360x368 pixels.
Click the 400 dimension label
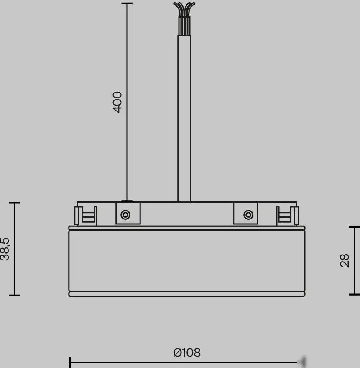point(117,102)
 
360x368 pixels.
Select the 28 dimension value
point(345,260)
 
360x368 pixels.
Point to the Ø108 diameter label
point(187,353)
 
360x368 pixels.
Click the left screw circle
point(125,215)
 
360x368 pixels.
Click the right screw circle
point(248,215)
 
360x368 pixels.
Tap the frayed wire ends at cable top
point(184,8)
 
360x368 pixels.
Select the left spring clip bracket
point(86,215)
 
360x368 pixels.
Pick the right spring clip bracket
point(287,215)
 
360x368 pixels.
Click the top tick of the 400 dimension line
point(127,3)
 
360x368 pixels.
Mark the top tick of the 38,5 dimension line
point(14,203)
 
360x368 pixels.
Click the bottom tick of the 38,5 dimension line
point(14,295)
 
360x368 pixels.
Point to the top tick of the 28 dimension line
point(354,227)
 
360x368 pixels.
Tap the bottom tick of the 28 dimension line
point(354,294)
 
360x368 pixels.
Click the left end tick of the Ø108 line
point(70,361)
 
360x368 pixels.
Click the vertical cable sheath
point(184,117)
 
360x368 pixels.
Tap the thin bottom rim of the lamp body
point(186,294)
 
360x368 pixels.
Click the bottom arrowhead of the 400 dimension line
point(127,201)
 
